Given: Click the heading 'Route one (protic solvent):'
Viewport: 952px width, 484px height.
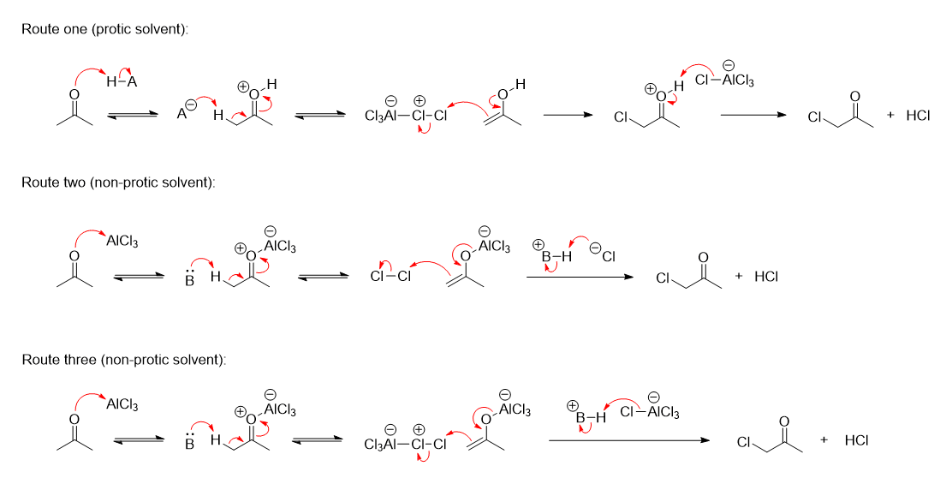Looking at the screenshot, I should (104, 29).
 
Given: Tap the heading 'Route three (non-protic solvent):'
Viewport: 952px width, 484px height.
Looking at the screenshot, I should (123, 360).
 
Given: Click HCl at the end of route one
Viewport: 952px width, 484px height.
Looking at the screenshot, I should (917, 116).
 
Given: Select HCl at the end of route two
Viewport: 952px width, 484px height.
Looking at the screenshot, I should (765, 277).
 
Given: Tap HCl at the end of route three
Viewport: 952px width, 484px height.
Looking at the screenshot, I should (856, 440).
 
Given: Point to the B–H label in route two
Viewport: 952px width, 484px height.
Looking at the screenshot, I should (549, 254).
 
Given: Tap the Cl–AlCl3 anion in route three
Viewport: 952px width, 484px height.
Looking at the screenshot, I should (650, 412).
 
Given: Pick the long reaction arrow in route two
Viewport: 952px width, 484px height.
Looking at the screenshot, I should (580, 277).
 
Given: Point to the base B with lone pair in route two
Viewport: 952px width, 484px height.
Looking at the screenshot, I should (190, 280).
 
